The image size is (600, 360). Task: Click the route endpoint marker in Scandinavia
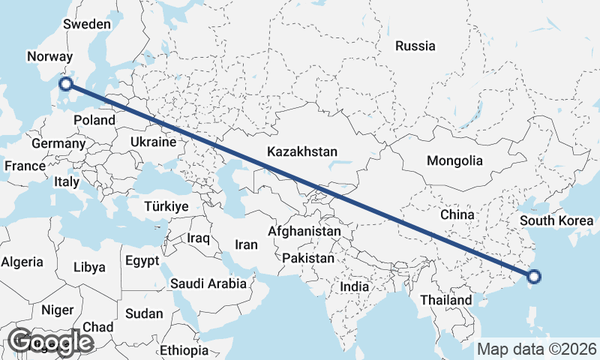(65, 84)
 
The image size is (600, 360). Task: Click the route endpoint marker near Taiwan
(534, 277)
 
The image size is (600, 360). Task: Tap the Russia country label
(415, 46)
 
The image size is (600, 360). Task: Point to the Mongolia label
(454, 160)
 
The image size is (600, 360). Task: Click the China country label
(457, 214)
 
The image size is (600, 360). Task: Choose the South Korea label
(556, 220)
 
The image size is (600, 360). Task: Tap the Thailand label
(446, 300)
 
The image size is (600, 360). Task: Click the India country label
(354, 286)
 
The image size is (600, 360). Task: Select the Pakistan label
(308, 258)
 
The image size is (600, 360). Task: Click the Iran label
(246, 244)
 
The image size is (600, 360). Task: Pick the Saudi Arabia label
(208, 283)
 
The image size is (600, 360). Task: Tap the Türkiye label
(166, 206)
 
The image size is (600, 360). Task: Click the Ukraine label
(153, 142)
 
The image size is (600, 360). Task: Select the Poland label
(95, 120)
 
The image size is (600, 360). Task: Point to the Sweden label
(87, 24)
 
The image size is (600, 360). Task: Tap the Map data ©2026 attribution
(537, 349)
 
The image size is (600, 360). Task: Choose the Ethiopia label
(184, 350)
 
